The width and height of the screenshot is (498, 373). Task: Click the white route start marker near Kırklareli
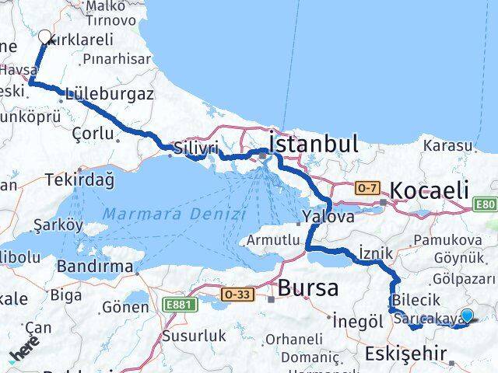45,37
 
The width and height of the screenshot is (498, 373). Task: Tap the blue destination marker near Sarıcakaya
467,315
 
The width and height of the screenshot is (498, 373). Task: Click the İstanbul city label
313,144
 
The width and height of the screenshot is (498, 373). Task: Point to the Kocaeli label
430,190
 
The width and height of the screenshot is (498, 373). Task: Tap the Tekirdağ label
80,180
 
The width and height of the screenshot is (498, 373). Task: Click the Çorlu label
92,134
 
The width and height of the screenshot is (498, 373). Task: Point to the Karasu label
447,145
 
